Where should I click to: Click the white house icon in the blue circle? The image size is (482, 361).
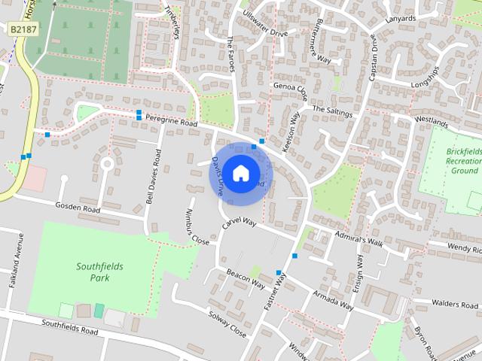240,174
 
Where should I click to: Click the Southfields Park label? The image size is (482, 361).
99,272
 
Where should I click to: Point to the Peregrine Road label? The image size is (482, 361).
172,122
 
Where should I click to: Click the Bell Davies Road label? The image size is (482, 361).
154,177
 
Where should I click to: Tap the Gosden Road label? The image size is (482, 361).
78,208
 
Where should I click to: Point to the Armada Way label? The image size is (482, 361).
333,299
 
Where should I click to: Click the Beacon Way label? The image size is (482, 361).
246,279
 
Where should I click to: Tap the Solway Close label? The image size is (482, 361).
227,324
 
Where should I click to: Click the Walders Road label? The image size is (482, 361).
455,305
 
